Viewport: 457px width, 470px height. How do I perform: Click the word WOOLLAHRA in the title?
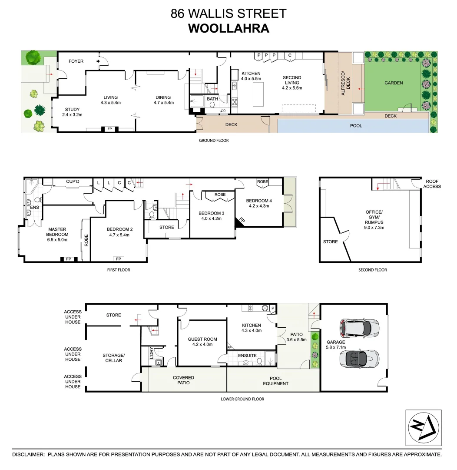point(228,28)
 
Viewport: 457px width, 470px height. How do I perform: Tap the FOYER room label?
point(76,61)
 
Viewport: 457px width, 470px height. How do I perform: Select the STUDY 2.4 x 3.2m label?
point(72,112)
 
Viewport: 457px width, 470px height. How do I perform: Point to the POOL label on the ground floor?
point(356,126)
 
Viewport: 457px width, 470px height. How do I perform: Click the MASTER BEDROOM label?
point(57,235)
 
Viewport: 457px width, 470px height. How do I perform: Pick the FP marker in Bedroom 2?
point(118,259)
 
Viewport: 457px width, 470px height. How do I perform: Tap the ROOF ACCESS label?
point(432,184)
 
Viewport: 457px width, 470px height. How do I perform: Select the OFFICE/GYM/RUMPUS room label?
point(374,220)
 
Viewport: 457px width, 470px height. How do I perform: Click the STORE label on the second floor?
point(330,242)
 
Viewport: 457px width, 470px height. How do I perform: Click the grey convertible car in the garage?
point(359,358)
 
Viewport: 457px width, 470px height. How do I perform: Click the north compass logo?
point(423,427)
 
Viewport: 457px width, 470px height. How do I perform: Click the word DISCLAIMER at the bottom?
point(28,454)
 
